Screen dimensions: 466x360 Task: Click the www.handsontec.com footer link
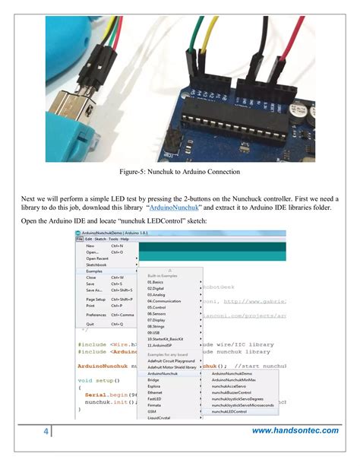tap(295, 431)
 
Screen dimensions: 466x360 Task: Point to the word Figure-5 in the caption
tap(125, 173)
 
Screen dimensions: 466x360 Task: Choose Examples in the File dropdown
tap(95, 271)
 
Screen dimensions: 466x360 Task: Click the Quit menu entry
tap(90, 323)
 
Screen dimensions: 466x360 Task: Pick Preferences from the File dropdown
tap(96, 314)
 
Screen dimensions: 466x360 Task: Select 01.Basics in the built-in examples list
tap(156, 282)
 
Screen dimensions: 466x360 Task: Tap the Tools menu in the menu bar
tap(112, 239)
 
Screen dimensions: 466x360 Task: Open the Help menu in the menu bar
tap(125, 239)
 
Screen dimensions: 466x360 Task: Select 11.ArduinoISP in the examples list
tap(159, 345)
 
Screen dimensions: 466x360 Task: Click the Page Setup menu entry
tap(96, 299)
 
